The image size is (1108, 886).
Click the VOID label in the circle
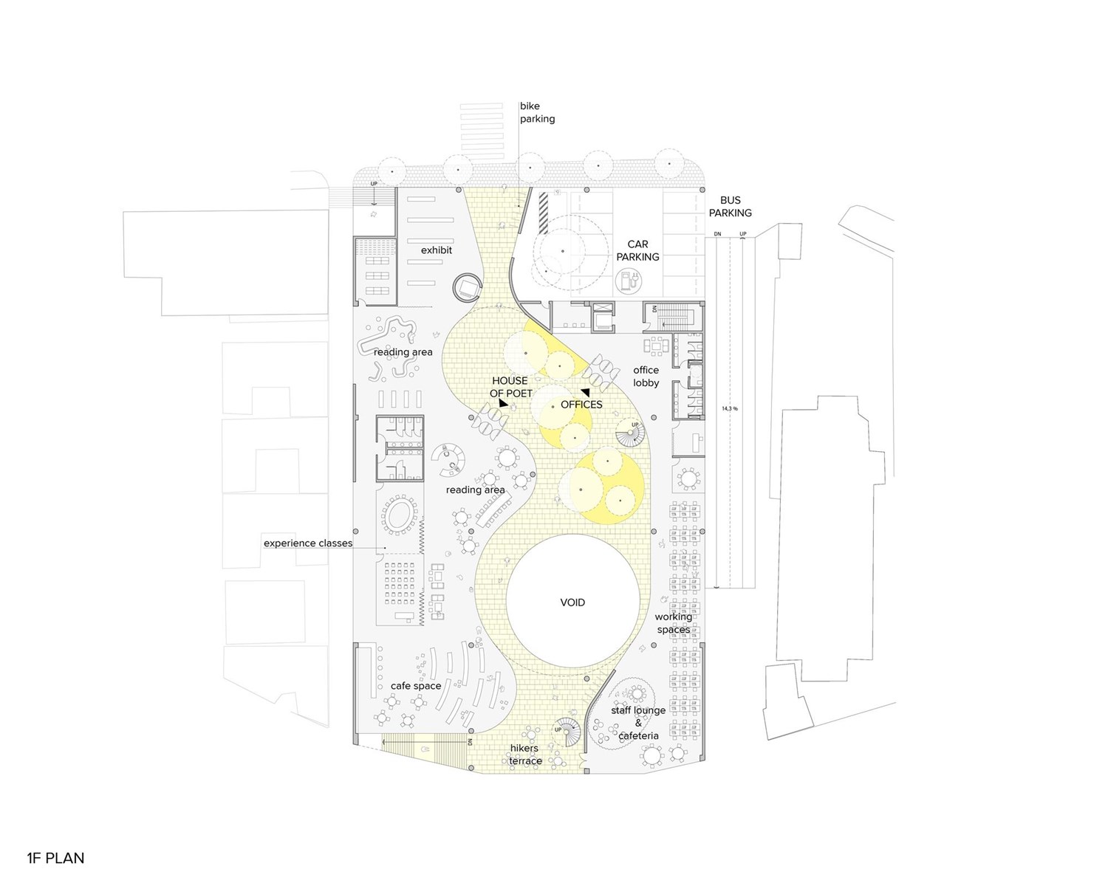pos(572,602)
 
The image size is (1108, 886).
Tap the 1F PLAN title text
pos(55,858)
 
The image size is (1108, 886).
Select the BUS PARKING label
pos(730,207)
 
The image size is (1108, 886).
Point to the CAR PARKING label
pos(637,250)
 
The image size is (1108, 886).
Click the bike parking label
pos(537,112)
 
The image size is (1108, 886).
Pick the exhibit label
pos(437,250)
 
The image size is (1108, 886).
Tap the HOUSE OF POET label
pos(510,387)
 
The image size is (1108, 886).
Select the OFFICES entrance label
pos(581,405)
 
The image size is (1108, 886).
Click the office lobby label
pos(646,377)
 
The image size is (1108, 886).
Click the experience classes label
pos(308,543)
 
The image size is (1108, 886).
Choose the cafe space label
pos(416,686)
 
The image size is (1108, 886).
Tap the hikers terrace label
pos(525,755)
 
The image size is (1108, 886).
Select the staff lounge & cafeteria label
pos(638,723)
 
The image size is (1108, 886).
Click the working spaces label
pos(673,623)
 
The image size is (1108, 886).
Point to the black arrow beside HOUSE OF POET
pos(502,404)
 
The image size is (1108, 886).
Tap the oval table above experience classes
pos(400,515)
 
